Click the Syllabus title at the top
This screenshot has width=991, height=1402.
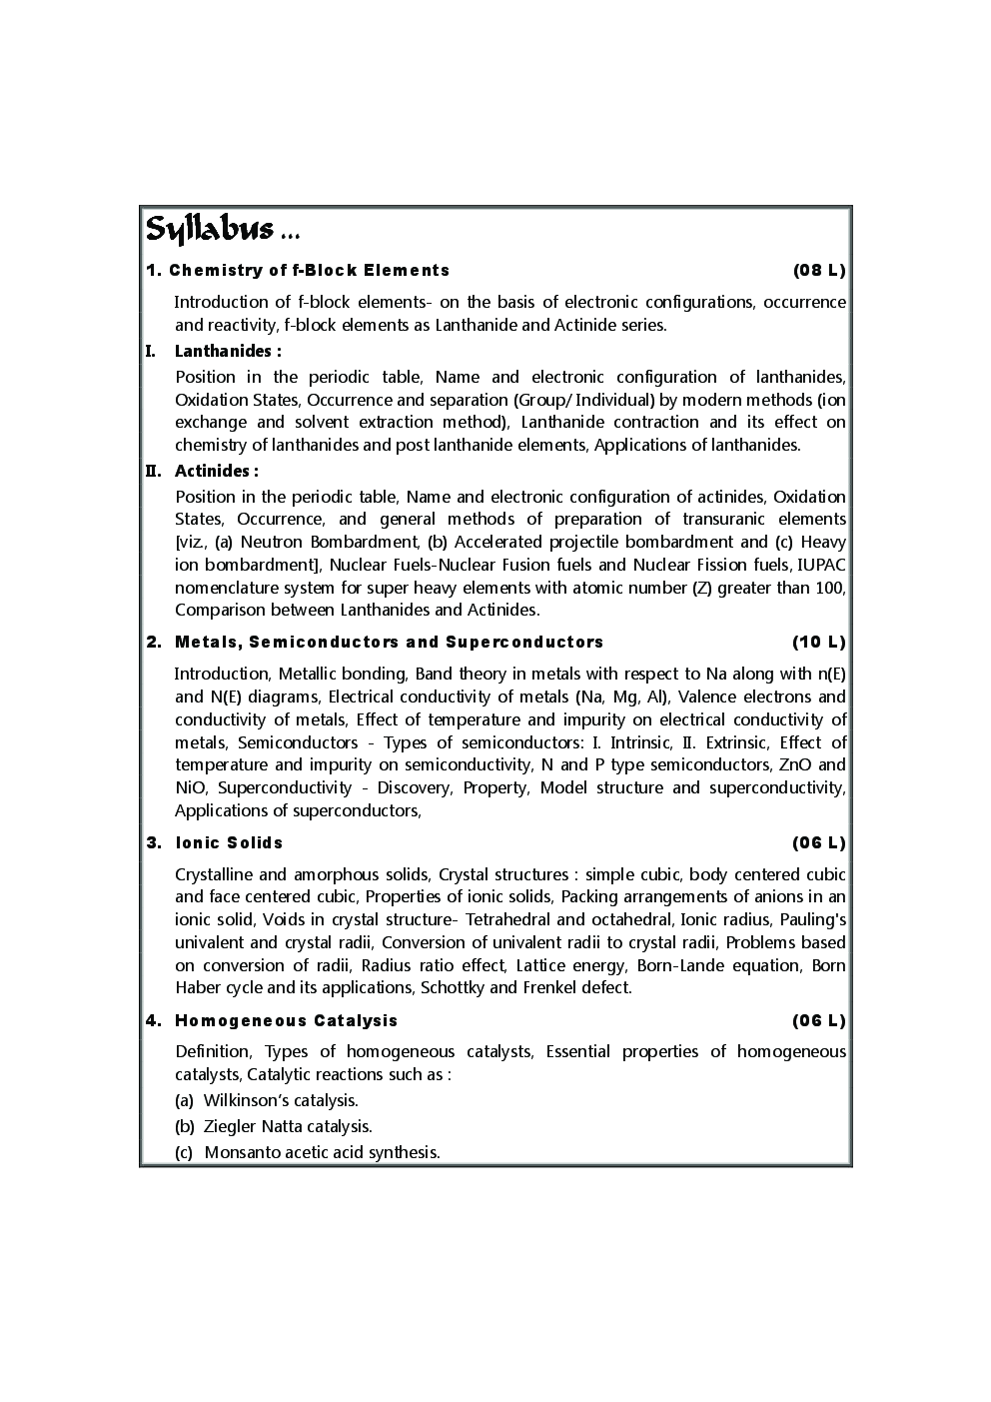click(x=210, y=230)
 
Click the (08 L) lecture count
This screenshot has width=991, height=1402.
click(x=819, y=270)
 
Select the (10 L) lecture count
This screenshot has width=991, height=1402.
click(x=819, y=642)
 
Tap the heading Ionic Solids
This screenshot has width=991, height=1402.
click(x=229, y=842)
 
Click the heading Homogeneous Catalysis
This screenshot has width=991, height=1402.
click(x=286, y=1020)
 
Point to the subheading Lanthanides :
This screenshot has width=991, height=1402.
click(x=227, y=351)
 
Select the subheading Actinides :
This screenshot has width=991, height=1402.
click(x=216, y=471)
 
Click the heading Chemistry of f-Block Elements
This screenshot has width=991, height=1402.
click(x=309, y=270)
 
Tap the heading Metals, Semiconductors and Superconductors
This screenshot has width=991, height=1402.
click(x=389, y=642)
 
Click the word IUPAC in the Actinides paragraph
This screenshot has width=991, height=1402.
click(x=821, y=565)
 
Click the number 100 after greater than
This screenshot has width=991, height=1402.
click(x=828, y=588)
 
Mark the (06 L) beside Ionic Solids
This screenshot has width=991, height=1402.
click(x=819, y=842)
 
